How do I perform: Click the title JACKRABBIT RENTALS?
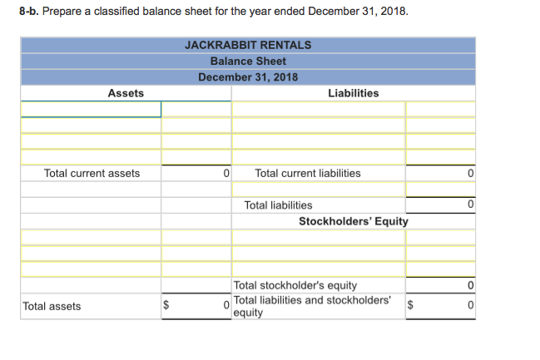[248, 45]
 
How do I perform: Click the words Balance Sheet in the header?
[248, 62]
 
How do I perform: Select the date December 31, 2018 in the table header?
[248, 77]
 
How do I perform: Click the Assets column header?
[126, 93]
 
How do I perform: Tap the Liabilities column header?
[354, 93]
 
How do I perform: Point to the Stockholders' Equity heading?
[353, 221]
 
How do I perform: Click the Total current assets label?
[92, 174]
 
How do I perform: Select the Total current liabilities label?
[308, 174]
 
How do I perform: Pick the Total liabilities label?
[279, 205]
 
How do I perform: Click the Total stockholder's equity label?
[295, 286]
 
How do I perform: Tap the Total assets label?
[52, 307]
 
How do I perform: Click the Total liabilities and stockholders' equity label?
[312, 306]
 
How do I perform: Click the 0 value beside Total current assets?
[225, 174]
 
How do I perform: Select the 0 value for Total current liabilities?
[470, 174]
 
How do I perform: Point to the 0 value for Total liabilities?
[470, 205]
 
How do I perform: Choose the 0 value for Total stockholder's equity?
[470, 286]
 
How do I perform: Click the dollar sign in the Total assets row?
[165, 307]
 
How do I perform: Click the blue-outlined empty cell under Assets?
[91, 110]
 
